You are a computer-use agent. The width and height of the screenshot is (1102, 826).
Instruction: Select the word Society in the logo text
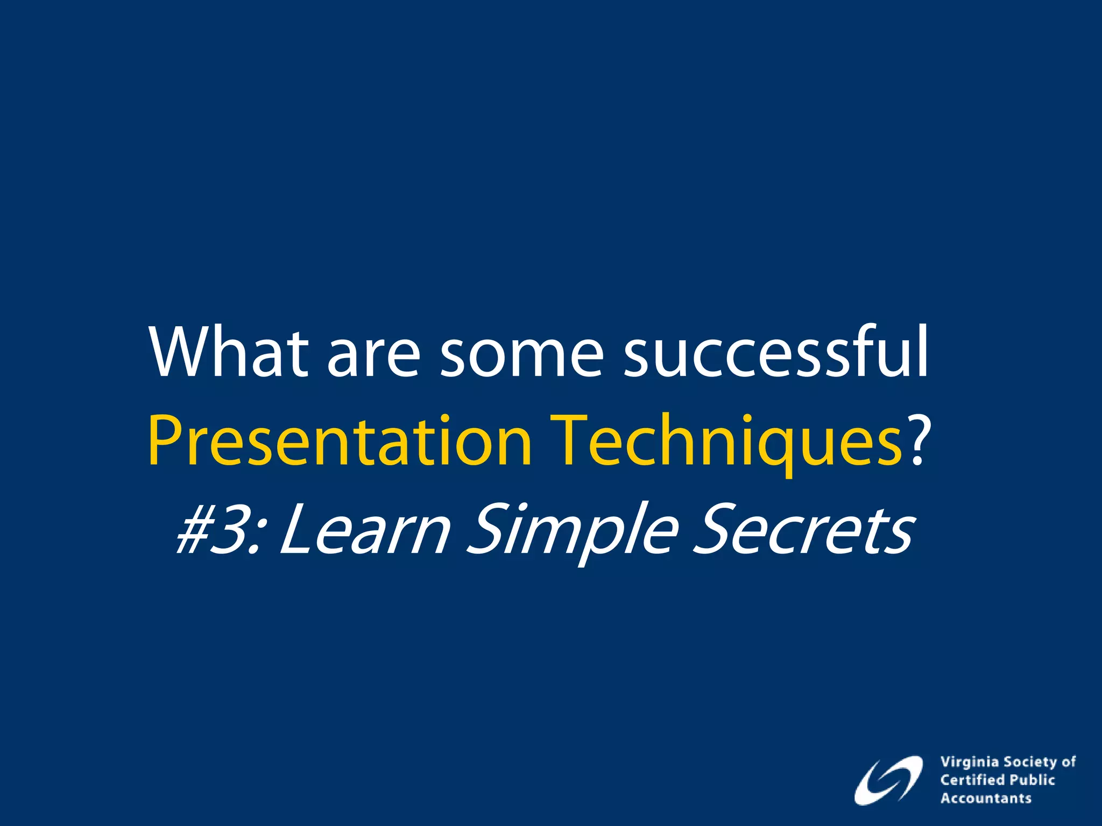[1030, 762]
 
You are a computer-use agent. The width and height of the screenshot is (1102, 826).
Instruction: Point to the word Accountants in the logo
[986, 798]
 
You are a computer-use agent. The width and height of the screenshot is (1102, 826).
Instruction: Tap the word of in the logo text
[1069, 762]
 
